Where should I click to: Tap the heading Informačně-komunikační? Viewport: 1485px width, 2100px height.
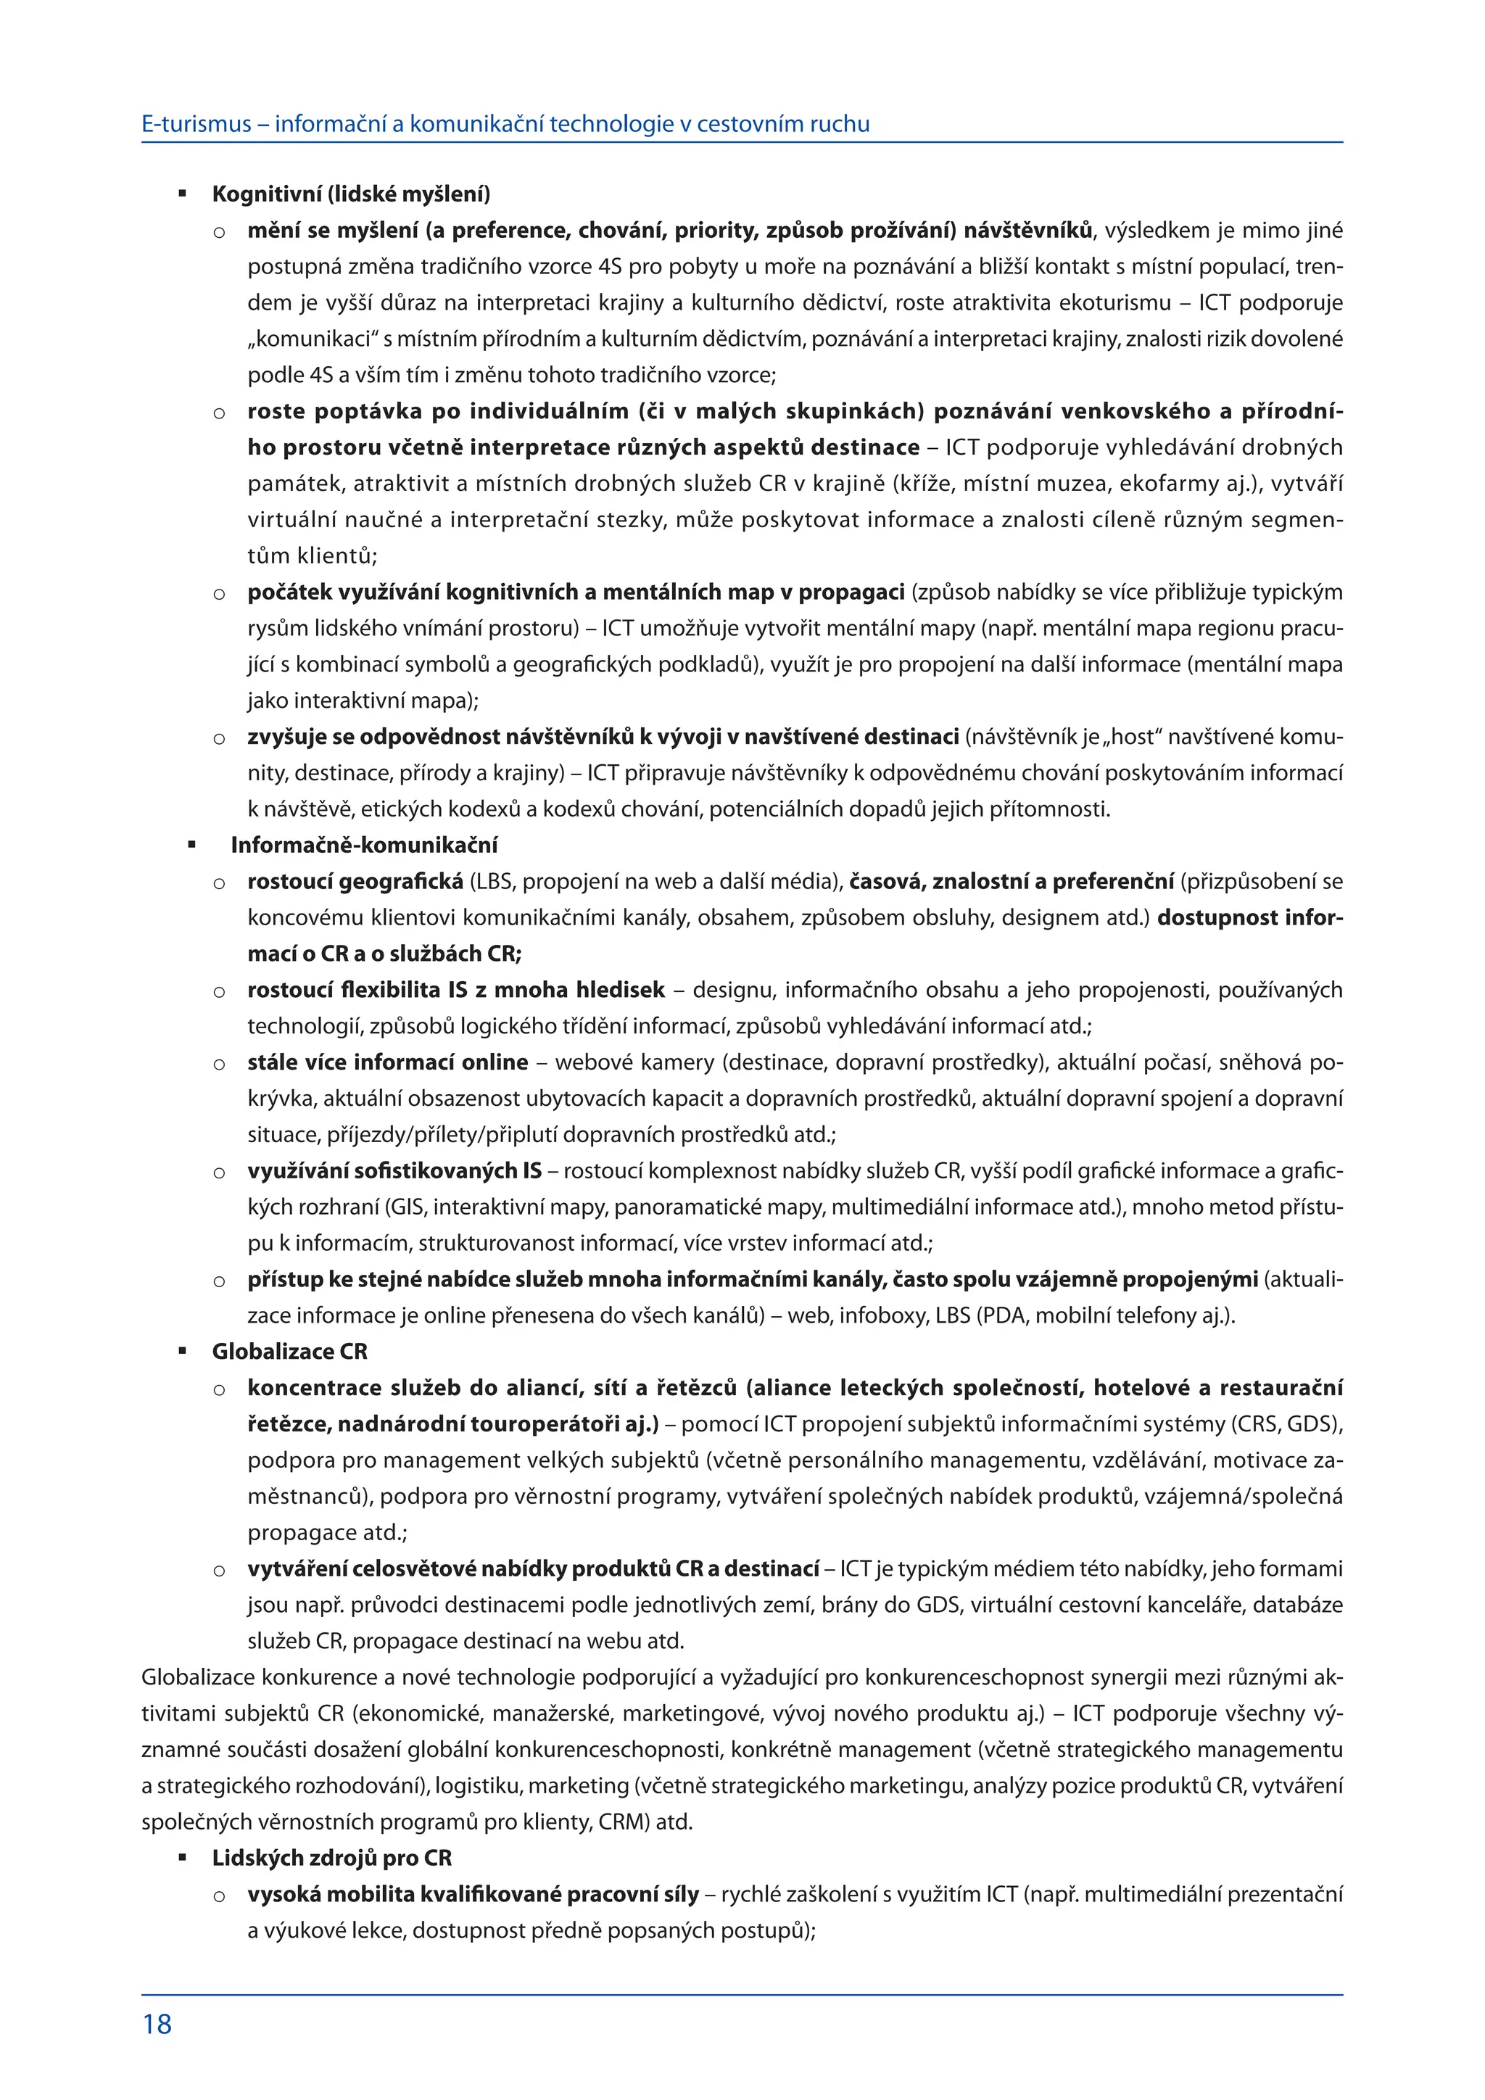point(364,845)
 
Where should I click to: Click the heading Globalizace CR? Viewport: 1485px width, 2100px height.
point(290,1352)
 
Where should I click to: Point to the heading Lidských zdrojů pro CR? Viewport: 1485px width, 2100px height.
point(332,1858)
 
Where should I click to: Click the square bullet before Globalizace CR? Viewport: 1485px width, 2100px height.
point(183,1351)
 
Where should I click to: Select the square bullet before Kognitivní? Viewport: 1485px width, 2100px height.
point(183,194)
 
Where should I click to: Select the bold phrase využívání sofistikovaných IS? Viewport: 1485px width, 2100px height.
point(394,1170)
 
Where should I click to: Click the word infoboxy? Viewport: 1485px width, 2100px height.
point(882,1315)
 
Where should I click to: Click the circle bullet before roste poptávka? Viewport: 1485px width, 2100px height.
point(220,413)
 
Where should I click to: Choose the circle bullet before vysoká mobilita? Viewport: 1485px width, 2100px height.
point(220,1895)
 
